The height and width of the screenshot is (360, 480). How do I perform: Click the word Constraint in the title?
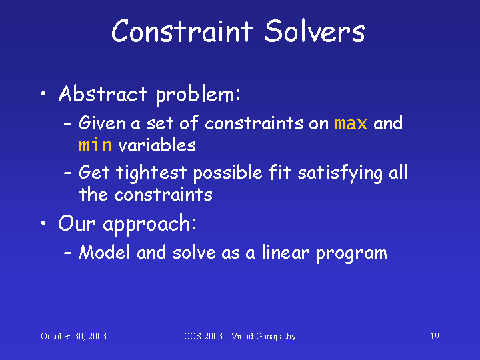tap(182, 31)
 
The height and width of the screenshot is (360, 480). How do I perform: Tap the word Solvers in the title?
tap(315, 31)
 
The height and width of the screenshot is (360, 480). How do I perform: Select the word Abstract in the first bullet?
tap(103, 93)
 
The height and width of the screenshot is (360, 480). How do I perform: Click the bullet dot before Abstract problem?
tap(43, 94)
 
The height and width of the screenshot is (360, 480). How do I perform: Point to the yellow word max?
tap(351, 124)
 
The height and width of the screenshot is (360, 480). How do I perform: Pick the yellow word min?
tap(95, 145)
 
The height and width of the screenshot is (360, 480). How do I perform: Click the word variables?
tap(157, 145)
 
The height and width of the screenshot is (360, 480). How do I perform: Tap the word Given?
tap(102, 123)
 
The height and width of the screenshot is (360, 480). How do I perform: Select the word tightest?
tap(151, 173)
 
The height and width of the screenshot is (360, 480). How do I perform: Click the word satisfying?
tap(340, 173)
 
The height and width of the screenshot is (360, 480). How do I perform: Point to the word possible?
tap(228, 173)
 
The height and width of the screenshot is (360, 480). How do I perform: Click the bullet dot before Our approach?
tap(43, 223)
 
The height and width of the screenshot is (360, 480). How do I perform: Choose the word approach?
tap(149, 224)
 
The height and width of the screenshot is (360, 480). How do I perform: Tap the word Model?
tap(105, 253)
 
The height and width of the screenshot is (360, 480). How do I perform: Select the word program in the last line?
tap(351, 254)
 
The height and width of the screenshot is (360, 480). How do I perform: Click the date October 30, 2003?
tap(73, 336)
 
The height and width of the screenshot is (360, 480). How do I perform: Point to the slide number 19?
tap(435, 336)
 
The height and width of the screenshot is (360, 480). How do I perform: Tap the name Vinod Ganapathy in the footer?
tap(263, 337)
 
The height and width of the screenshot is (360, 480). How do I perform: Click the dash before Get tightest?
tap(67, 173)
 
